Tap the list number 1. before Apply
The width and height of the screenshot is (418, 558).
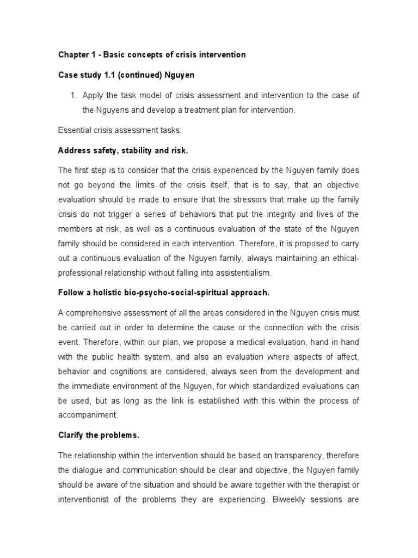(x=75, y=95)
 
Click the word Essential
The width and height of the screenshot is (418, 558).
(x=73, y=130)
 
